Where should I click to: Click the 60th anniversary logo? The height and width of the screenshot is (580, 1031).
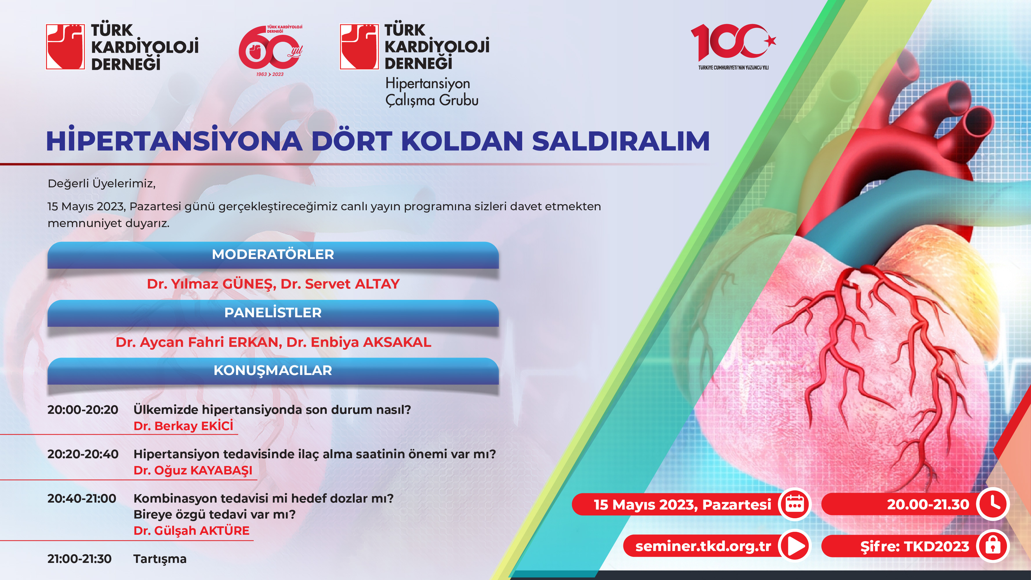coord(271,50)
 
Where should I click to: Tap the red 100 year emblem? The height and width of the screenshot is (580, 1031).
coord(733,46)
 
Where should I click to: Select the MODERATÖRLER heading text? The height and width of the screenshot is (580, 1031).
coord(273,254)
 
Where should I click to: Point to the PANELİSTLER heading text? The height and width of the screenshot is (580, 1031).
coord(273,312)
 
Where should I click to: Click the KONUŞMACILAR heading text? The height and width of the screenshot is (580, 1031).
coord(273,371)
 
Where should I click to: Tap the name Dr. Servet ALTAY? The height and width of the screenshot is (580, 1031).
coord(340,284)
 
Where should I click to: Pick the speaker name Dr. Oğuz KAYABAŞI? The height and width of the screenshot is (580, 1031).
coord(193,470)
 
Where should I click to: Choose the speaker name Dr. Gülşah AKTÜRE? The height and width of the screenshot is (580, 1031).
coord(191,531)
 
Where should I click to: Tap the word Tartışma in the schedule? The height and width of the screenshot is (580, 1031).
coord(160,559)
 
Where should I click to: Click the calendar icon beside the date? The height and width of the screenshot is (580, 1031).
coord(795,504)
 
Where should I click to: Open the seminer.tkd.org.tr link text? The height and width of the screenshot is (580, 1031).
coord(703,546)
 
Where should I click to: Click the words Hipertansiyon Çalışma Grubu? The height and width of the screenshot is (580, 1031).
coord(432,92)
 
